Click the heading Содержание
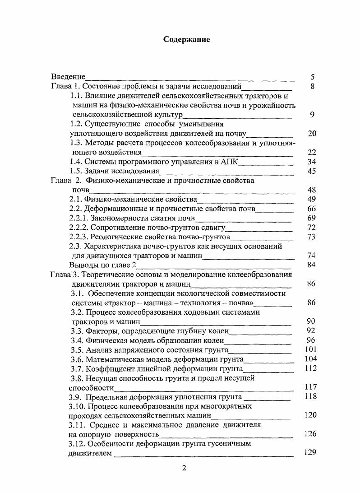click(x=186, y=40)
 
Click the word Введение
click(x=68, y=77)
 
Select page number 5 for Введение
click(x=312, y=77)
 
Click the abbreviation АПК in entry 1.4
click(x=227, y=162)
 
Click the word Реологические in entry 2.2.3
click(x=118, y=237)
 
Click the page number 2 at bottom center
click(x=184, y=468)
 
